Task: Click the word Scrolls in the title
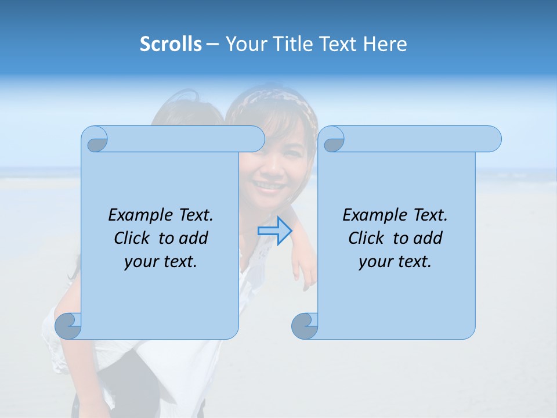click(x=171, y=44)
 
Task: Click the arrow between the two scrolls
click(x=274, y=231)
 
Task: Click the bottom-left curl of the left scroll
click(x=68, y=326)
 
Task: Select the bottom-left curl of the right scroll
click(x=305, y=326)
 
